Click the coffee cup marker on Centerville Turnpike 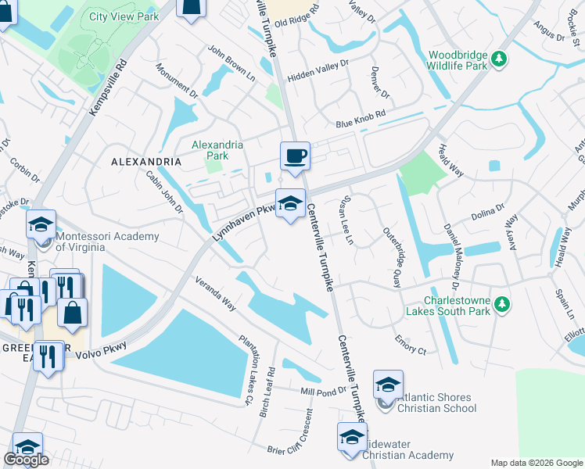(x=295, y=156)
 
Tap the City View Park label (x=124, y=16)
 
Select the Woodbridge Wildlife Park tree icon (x=498, y=58)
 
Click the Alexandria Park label (x=217, y=150)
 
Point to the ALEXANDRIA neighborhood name (x=146, y=162)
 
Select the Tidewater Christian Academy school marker (x=351, y=437)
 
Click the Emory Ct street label (x=411, y=345)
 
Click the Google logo (x=26, y=460)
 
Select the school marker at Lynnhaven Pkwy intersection (x=289, y=205)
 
